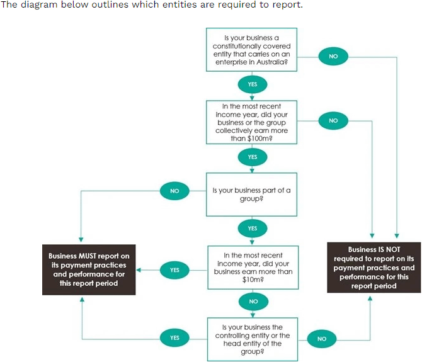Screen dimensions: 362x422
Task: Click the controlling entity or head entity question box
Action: point(252,339)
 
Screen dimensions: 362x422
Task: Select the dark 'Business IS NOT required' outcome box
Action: point(374,268)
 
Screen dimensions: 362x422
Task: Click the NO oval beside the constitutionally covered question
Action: point(333,56)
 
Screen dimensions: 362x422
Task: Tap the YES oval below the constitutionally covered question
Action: point(252,84)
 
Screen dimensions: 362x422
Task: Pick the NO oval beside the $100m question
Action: point(333,120)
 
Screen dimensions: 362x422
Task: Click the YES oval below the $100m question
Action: point(252,156)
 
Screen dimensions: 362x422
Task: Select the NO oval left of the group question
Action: point(174,189)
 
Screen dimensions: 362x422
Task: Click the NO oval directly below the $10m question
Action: point(253,302)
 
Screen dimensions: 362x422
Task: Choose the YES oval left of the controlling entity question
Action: point(174,338)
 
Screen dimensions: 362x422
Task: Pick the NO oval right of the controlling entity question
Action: point(322,339)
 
